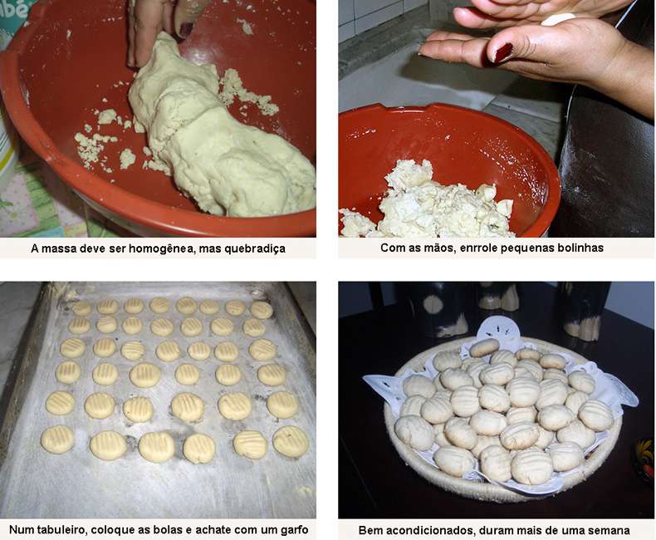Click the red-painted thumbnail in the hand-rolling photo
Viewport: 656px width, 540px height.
(x=502, y=52)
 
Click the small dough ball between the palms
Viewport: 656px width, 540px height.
(x=559, y=19)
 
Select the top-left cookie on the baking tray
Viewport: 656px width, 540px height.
(x=82, y=308)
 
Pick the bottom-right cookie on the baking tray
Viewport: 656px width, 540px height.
(x=291, y=441)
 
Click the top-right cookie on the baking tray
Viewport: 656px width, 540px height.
(x=262, y=310)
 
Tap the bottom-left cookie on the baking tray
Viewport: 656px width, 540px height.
(x=58, y=439)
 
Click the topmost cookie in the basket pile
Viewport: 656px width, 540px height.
(x=484, y=347)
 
